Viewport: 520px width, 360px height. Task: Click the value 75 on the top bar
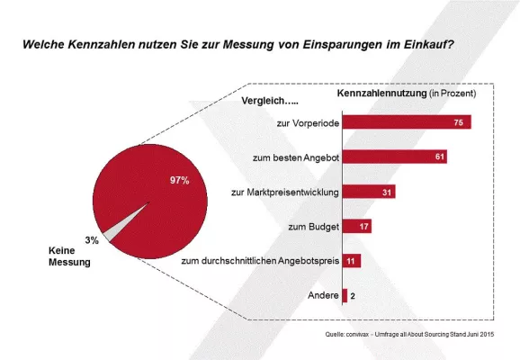[459, 122]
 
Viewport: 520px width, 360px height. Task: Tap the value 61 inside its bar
[436, 157]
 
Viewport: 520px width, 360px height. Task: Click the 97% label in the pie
[179, 180]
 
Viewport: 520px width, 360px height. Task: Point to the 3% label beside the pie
[91, 239]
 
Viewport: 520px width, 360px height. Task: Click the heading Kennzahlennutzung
[376, 93]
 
